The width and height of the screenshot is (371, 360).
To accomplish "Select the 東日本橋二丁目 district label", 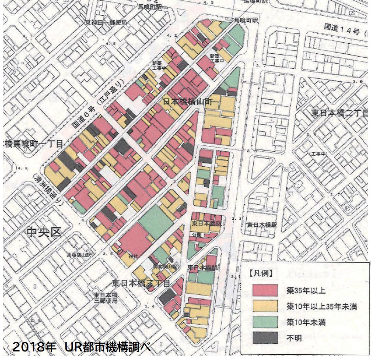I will pos(339,113).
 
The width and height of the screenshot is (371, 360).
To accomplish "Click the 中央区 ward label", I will pos(44,232).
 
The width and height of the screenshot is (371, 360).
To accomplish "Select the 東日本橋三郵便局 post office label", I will pos(106,298).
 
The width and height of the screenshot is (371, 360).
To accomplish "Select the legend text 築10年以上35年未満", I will pos(321,306).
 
